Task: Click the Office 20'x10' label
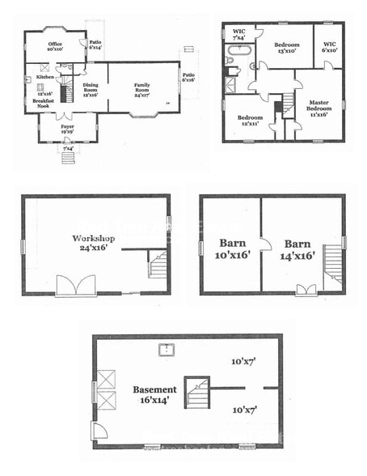[55, 46]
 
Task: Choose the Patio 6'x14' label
[95, 45]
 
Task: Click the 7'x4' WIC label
[239, 35]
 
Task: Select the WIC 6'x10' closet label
[329, 46]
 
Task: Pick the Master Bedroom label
[319, 108]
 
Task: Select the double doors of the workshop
[76, 286]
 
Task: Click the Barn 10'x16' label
[231, 248]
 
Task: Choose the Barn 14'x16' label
[297, 248]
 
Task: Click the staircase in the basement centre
[196, 393]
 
